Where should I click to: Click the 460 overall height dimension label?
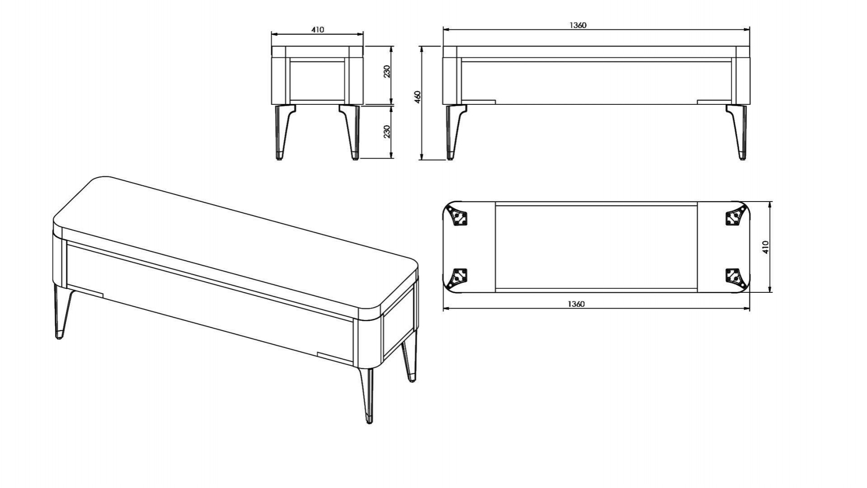coord(418,97)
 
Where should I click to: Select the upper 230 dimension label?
coord(387,71)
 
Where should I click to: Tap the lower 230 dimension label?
coord(387,131)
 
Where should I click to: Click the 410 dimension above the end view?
coord(317,30)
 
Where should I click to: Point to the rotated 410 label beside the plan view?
coord(765,247)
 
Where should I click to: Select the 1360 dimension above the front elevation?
coord(578,25)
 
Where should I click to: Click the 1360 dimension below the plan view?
coord(576,304)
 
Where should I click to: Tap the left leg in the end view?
coord(284,132)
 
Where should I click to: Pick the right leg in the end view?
coord(350,132)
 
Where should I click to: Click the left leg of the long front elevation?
coord(454,132)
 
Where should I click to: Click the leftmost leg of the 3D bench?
coord(61,312)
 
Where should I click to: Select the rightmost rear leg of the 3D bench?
coord(409,359)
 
